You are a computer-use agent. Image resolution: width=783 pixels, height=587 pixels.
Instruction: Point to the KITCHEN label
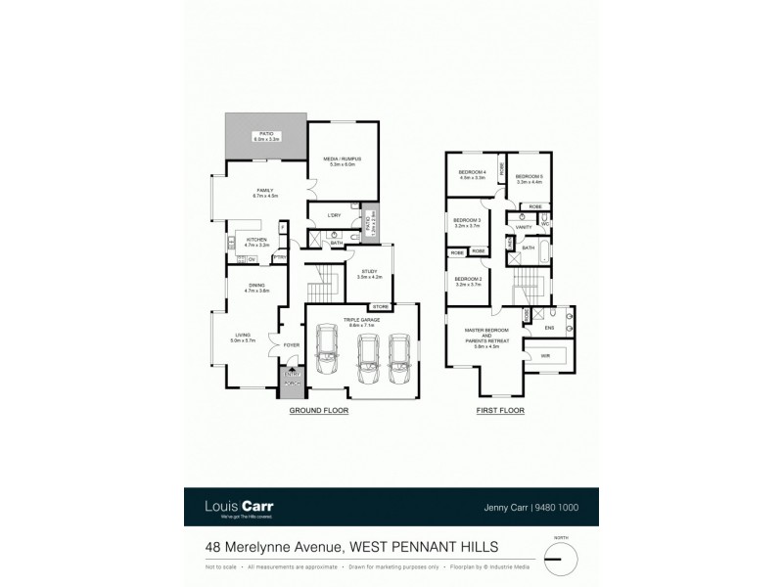coord(256,241)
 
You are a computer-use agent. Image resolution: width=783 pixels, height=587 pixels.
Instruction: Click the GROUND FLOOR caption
coord(319,411)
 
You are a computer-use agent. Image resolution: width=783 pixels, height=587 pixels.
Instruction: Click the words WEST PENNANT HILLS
coord(418,549)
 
